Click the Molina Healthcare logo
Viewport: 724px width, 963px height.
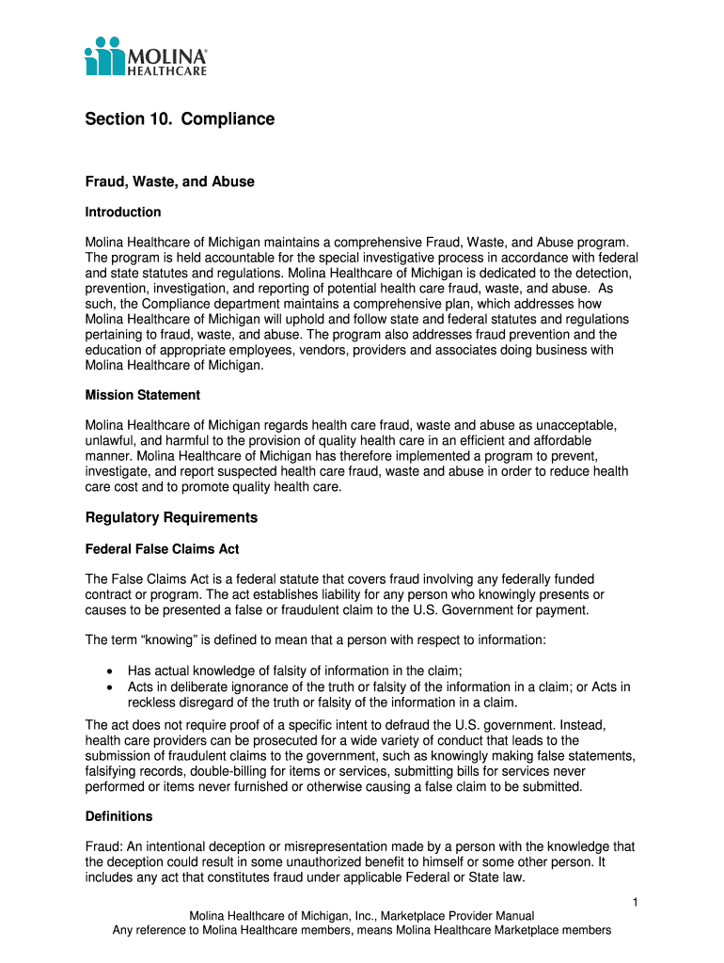pyautogui.click(x=146, y=56)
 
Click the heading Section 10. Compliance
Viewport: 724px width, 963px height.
pyautogui.click(x=180, y=119)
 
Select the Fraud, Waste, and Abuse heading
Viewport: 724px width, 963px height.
pyautogui.click(x=170, y=182)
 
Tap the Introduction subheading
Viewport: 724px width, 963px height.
pyautogui.click(x=123, y=213)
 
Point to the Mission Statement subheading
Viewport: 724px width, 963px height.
pyautogui.click(x=143, y=395)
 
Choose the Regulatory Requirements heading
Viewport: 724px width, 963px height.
pyautogui.click(x=171, y=518)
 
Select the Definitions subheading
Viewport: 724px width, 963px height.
pyautogui.click(x=118, y=816)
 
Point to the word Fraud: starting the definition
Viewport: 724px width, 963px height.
pyautogui.click(x=103, y=847)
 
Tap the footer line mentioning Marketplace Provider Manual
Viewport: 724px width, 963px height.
pyautogui.click(x=362, y=916)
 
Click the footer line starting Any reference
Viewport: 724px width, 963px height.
pyautogui.click(x=362, y=930)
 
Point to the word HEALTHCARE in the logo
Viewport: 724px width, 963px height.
pyautogui.click(x=167, y=69)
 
